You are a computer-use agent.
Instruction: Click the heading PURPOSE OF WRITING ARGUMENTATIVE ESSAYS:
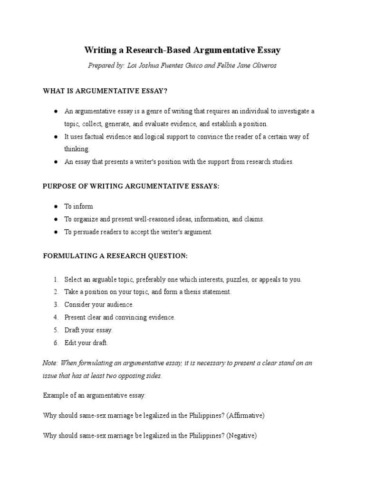131,186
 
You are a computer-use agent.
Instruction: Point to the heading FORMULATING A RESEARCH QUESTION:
115,256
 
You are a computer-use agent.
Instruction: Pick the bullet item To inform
79,206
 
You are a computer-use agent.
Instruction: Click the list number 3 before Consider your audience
56,305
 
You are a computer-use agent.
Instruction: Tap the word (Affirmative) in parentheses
246,415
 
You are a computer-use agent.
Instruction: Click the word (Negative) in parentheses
242,435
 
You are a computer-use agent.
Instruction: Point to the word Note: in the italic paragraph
50,363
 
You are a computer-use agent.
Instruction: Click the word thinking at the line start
77,149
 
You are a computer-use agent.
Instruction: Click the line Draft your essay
88,330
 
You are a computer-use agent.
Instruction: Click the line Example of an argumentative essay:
95,395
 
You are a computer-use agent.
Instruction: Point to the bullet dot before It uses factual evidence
56,137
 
